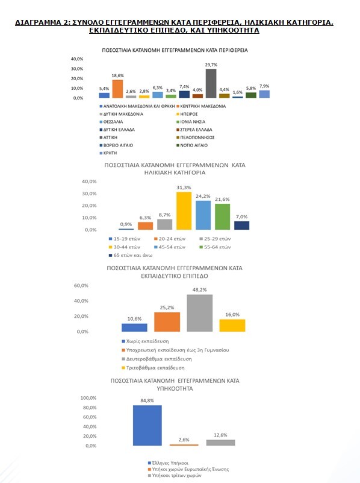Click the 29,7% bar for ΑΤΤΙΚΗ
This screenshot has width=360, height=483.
pos(211,83)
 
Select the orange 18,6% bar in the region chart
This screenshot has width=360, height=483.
pos(117,89)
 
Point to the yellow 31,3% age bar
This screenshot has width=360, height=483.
pos(184,210)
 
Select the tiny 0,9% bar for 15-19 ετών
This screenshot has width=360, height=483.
pos(126,229)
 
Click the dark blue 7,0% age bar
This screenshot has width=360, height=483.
pos(241,225)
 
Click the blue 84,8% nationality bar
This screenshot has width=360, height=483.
pos(147,425)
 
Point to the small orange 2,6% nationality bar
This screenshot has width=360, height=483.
pos(184,444)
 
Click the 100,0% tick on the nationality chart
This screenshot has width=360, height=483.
pos(88,398)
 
